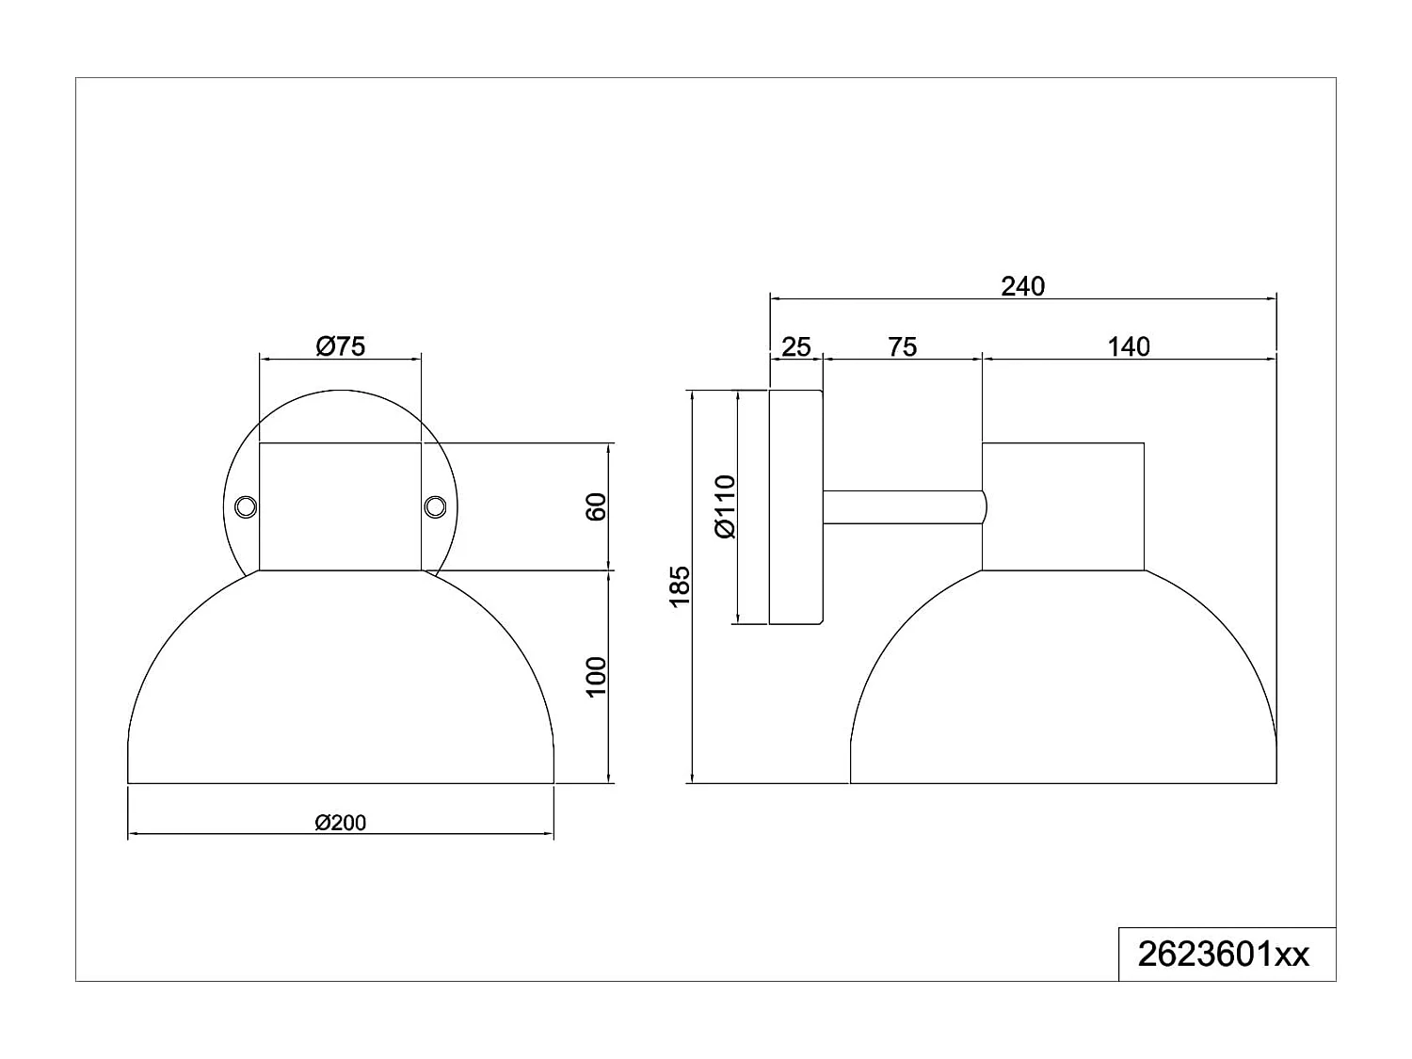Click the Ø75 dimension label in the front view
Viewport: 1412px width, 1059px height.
coord(341,346)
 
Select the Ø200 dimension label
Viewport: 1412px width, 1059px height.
coord(341,823)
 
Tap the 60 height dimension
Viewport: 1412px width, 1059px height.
coord(596,506)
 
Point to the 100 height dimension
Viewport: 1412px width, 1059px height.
coord(596,677)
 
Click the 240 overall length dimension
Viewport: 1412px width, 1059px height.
coord(1023,286)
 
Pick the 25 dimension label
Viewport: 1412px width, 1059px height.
coord(795,347)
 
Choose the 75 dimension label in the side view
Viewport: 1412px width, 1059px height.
coord(902,347)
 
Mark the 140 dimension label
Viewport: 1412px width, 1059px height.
coord(1129,347)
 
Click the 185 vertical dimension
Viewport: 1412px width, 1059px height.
coord(680,586)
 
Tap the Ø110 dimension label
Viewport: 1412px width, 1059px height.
coord(725,506)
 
